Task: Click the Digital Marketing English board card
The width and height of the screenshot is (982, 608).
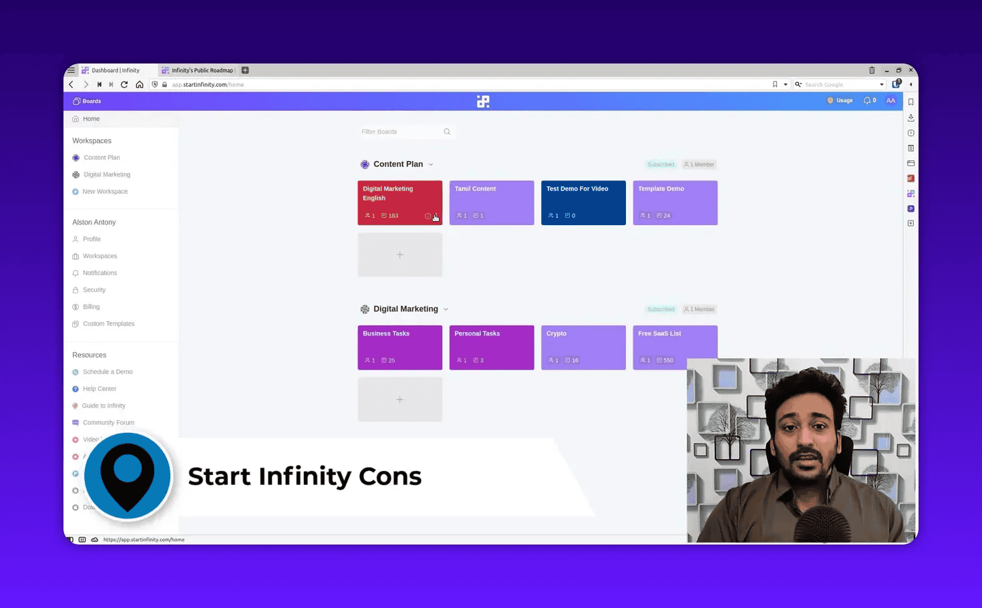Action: (x=399, y=202)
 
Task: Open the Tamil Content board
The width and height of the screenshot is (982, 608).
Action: (x=491, y=202)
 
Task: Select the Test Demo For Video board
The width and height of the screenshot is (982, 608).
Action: (x=583, y=202)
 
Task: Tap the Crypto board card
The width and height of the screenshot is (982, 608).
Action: (x=583, y=347)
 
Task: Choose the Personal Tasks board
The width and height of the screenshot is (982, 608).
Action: (x=491, y=347)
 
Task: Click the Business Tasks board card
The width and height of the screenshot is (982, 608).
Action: (x=399, y=347)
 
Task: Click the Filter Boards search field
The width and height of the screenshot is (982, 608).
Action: (x=401, y=132)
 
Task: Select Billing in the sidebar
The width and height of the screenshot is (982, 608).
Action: (x=92, y=307)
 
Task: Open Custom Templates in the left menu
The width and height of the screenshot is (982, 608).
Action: (x=108, y=324)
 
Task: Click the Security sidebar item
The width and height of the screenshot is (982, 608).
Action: (x=94, y=290)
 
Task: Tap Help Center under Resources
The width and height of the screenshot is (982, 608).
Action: (x=100, y=389)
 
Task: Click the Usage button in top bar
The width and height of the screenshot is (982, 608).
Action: (x=840, y=101)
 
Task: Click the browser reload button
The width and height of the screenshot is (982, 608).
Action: (x=124, y=85)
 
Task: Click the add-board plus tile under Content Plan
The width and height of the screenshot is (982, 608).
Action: (x=399, y=255)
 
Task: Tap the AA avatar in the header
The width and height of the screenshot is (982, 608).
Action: (x=890, y=101)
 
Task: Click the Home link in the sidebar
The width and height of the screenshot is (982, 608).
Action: (x=91, y=119)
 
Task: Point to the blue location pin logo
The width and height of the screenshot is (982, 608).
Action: (x=128, y=476)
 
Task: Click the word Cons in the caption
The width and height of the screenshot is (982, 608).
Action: (x=390, y=476)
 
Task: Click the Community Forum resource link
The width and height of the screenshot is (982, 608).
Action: (x=108, y=423)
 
